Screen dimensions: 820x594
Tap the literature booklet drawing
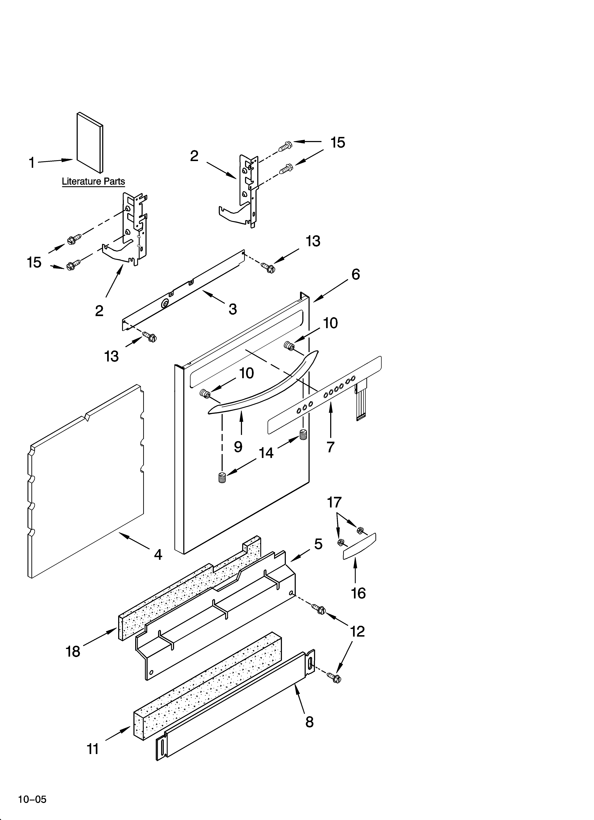coord(90,143)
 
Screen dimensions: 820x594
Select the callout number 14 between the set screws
coord(266,453)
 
